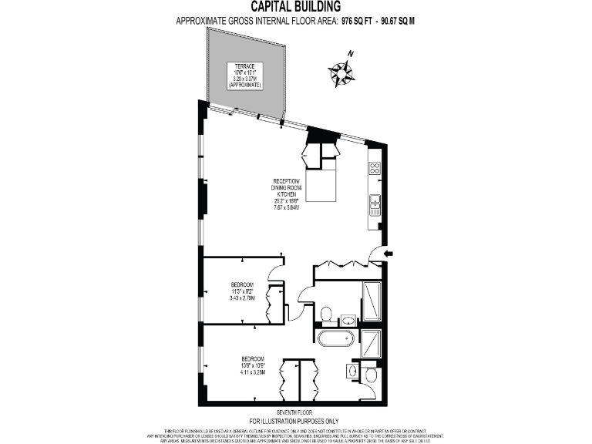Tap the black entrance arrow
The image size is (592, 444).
click(x=387, y=253)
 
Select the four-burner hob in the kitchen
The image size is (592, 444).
click(x=374, y=169)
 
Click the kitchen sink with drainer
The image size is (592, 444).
click(x=374, y=203)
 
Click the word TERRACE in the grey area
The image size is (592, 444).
click(x=245, y=66)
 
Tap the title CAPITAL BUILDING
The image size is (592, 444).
click(x=295, y=8)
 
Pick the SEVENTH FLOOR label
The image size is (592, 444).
click(x=295, y=412)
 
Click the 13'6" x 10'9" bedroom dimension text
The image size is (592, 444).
click(x=252, y=367)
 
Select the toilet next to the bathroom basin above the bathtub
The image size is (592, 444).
click(x=326, y=314)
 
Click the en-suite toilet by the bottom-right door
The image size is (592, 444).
click(x=371, y=375)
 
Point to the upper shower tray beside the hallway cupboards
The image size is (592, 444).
click(x=371, y=301)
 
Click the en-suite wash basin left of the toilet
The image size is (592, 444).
click(x=354, y=372)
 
